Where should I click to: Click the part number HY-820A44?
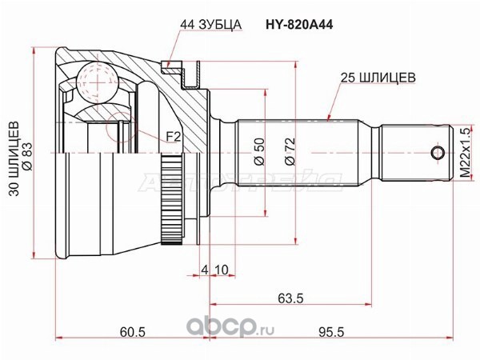tap(298, 25)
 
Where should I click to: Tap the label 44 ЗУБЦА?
tap(210, 25)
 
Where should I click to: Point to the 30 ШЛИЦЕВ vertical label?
tap(14, 158)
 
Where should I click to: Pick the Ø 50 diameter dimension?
tap(259, 152)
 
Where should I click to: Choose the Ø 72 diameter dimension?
tap(290, 152)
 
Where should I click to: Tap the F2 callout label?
tap(174, 138)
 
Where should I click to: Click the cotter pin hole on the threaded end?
tap(438, 153)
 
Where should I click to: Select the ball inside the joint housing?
tap(97, 82)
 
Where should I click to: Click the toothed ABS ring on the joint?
tap(171, 200)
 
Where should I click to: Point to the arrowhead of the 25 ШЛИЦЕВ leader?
tap(329, 118)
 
